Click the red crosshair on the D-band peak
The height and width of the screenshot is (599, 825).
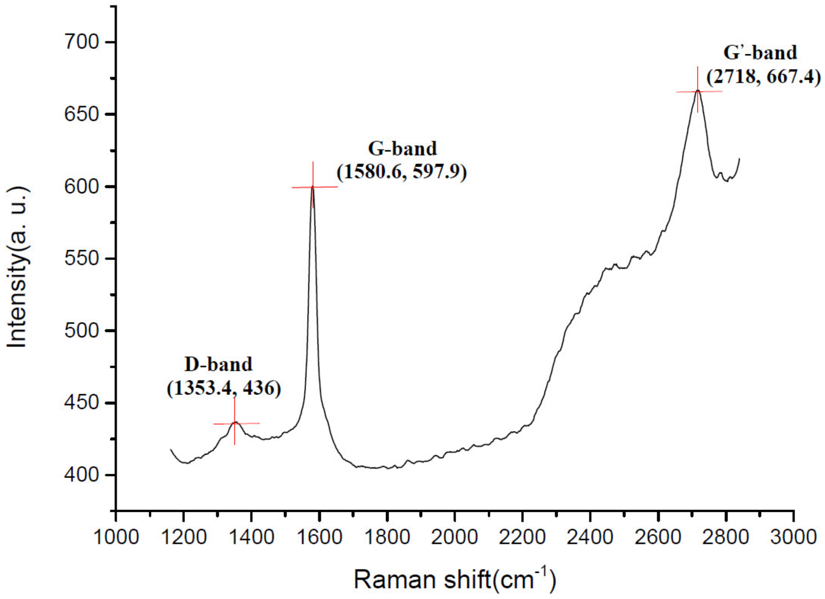click(235, 423)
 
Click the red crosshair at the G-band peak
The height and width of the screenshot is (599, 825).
click(313, 187)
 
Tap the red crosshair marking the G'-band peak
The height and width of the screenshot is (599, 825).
click(698, 91)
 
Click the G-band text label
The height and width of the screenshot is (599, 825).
click(402, 148)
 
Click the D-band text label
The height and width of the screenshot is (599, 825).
click(219, 364)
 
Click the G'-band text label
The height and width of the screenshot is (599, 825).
click(760, 52)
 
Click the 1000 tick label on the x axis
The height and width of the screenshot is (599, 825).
click(116, 537)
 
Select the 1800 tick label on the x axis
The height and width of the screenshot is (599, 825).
click(387, 537)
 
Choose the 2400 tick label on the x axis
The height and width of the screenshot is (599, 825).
click(590, 537)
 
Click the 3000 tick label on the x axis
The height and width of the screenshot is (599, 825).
click(793, 537)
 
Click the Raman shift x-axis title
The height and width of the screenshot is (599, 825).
click(455, 579)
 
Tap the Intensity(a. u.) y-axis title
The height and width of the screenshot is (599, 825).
click(18, 267)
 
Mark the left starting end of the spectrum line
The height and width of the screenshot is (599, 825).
click(171, 449)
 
